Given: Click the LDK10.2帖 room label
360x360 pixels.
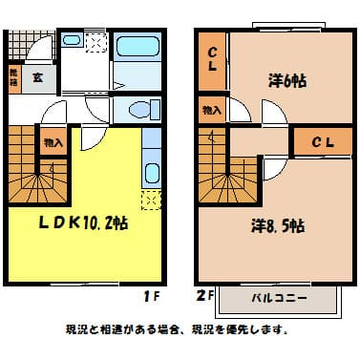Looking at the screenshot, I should [84, 223].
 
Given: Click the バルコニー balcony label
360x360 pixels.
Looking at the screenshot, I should [279, 298].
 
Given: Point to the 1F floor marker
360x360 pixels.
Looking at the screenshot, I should [150, 295].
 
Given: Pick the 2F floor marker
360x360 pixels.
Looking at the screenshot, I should [203, 295].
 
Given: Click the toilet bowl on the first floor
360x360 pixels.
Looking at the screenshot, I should [138, 108].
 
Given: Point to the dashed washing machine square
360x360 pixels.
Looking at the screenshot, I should [96, 42].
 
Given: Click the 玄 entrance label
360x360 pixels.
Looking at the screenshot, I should [37, 78].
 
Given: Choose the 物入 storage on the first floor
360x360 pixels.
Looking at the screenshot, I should [53, 142].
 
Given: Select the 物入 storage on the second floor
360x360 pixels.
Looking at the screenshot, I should [211, 111].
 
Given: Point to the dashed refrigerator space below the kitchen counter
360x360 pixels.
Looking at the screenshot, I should [151, 200].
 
